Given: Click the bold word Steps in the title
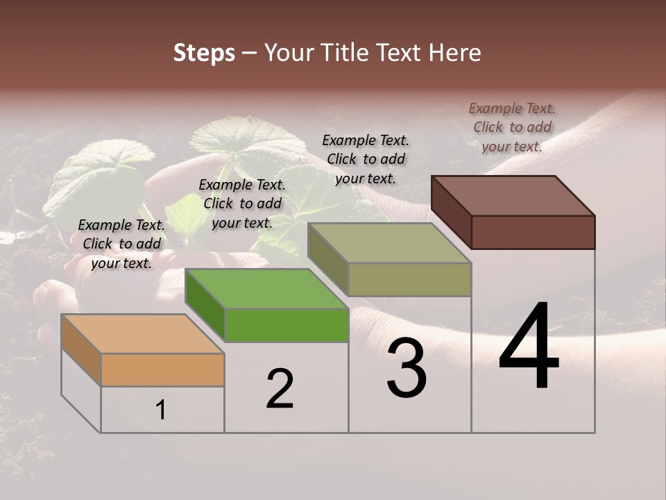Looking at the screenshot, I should coord(204,53).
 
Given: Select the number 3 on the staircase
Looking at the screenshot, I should coord(407,368).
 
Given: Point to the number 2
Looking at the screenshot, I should coord(280,389).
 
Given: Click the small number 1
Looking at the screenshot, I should coord(161,410).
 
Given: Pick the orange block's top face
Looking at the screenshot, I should coord(142,333).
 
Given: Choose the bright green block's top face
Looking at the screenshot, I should coord(266,289).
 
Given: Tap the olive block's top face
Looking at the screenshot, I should coord(389,243).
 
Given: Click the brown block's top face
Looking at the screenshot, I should coord(513,195).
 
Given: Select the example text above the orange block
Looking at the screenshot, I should coord(121,244).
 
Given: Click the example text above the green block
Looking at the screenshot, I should coord(242,203).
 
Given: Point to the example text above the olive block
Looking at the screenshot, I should coord(366,159).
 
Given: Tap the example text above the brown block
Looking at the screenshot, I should coord(512,127).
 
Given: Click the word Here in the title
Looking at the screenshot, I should coord(454,53).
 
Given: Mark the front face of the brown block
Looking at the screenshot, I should coord(533,232).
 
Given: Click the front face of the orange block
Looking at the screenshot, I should coord(162,369).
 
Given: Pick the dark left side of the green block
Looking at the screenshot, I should coord(205,306).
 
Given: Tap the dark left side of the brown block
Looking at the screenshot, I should coord(451,212).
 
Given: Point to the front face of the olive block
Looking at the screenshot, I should coord(409,279).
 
